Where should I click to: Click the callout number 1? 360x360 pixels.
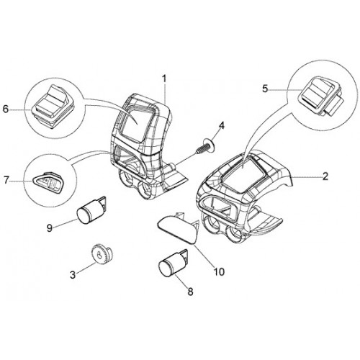coord(164,79)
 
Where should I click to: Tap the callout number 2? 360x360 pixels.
coord(325,176)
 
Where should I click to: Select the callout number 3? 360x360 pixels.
coord(73,275)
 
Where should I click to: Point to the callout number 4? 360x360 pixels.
coord(222,126)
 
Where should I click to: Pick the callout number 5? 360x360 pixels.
coord(265,89)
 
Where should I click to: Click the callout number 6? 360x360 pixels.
coord(6,109)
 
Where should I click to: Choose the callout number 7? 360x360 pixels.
coord(6,180)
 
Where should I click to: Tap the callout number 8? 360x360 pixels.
coord(190,292)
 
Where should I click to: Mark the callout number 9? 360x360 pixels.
coord(49,228)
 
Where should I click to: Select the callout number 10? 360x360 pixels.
coord(219,272)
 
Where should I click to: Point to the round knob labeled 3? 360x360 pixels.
coord(102,255)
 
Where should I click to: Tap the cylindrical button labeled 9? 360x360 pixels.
coord(91,210)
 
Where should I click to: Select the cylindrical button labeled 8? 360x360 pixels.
coord(173,263)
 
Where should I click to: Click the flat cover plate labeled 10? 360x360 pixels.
coord(178,228)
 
